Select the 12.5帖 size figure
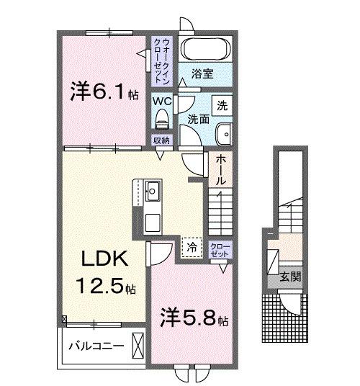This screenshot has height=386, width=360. tap(105, 288)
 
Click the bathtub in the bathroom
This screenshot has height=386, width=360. tap(204, 50)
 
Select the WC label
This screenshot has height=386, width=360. tap(161, 102)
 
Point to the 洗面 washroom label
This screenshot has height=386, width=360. tap(198, 118)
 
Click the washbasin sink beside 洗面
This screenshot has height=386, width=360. tap(224, 133)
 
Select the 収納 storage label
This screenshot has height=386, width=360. tap(161, 140)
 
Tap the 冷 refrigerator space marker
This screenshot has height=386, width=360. tap(191, 247)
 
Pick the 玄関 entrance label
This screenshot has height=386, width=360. tap(290, 276)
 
